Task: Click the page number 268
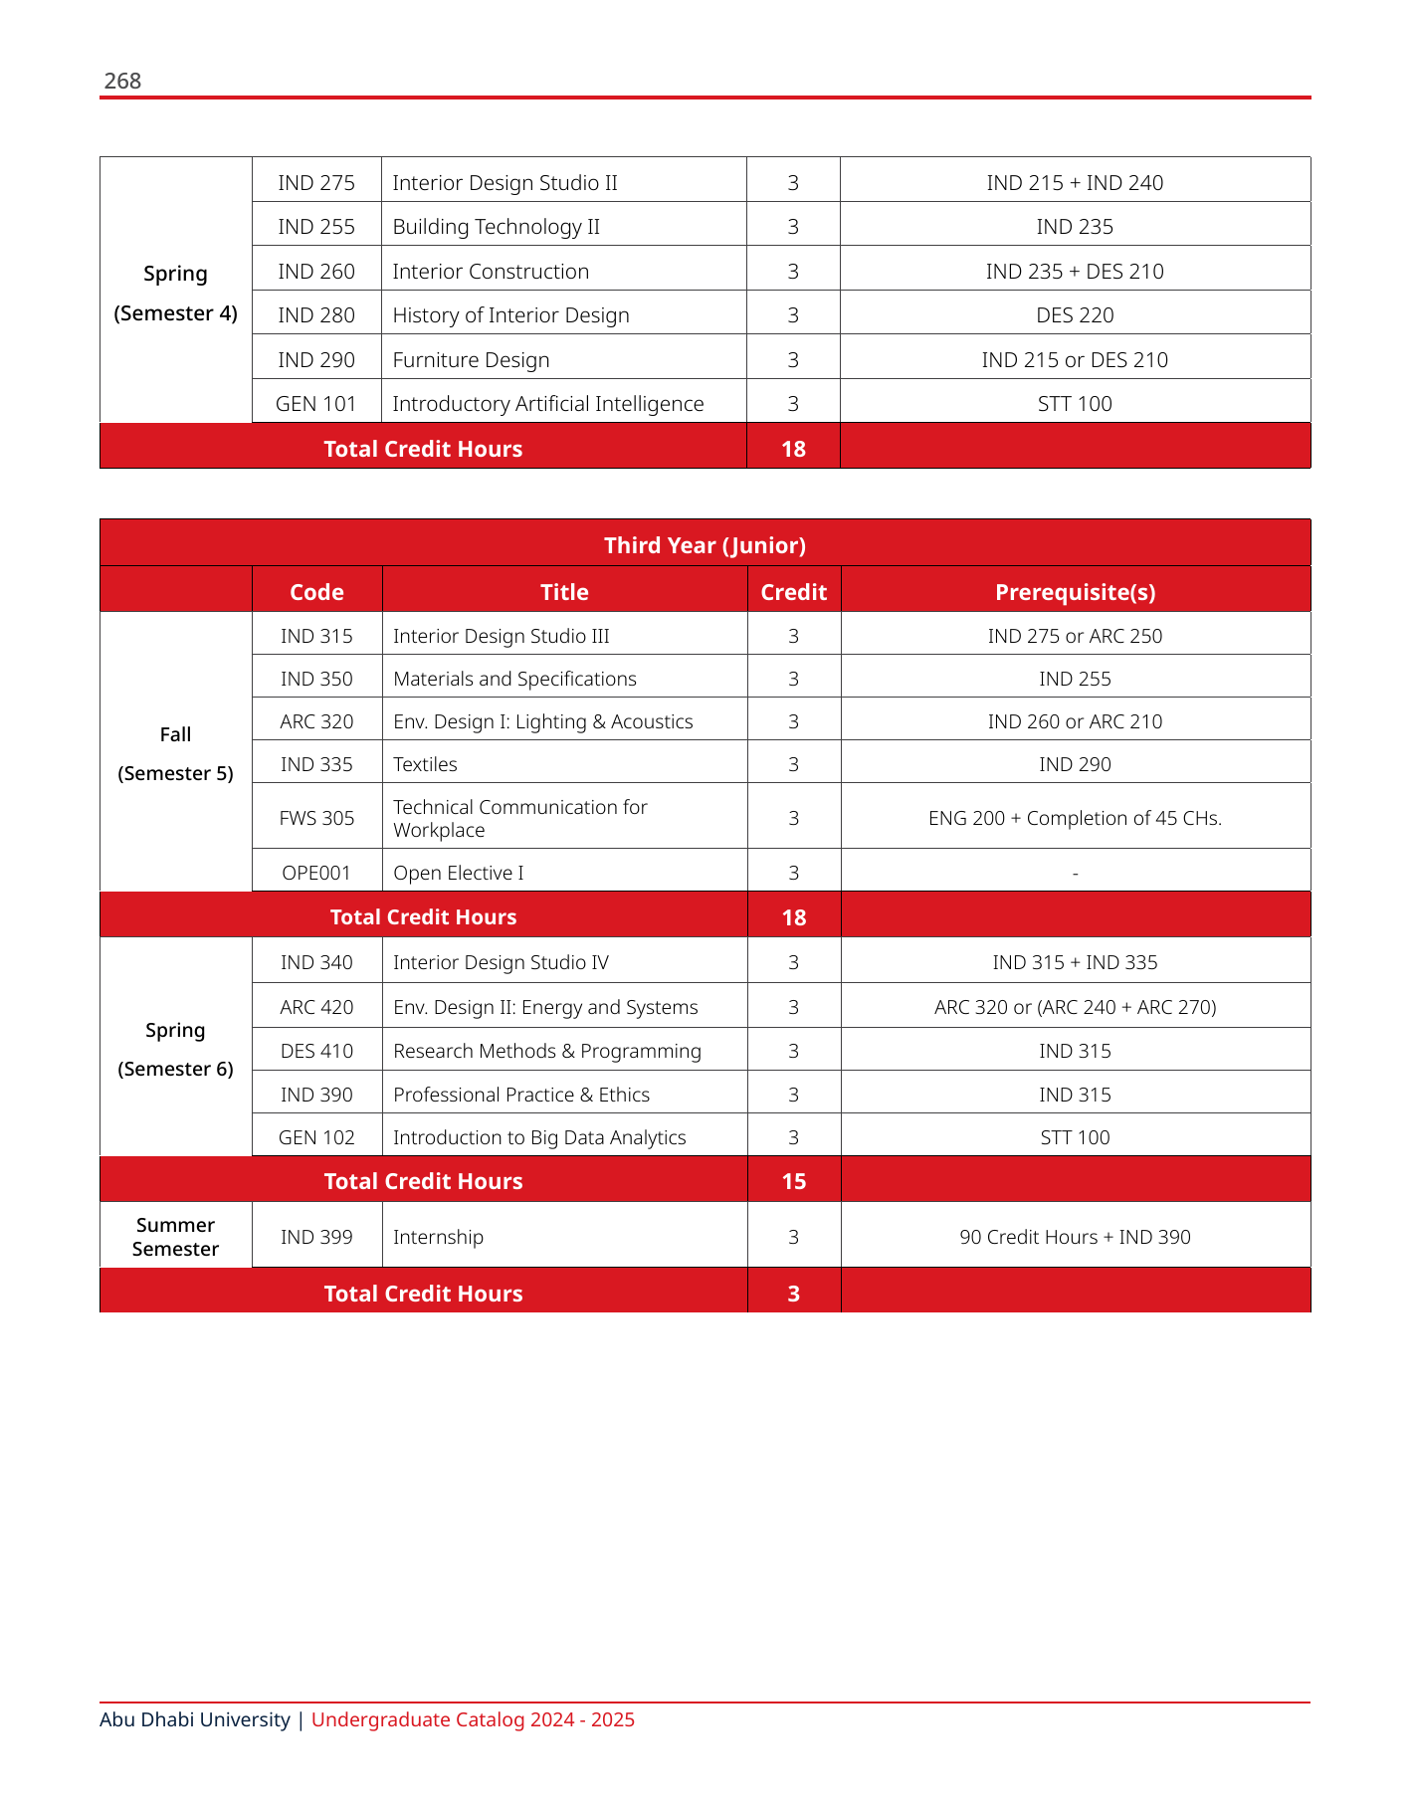[122, 82]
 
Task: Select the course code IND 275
[316, 183]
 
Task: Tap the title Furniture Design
[471, 360]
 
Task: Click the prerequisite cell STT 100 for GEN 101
[1075, 404]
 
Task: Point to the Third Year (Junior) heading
[705, 545]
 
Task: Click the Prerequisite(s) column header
[1075, 592]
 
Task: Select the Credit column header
[793, 592]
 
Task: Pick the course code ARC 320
[316, 721]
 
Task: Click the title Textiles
[425, 764]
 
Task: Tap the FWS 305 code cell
[316, 818]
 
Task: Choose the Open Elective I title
[458, 873]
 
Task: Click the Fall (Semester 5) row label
[175, 753]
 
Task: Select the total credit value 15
[793, 1181]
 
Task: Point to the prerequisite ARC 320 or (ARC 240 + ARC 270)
[1075, 1007]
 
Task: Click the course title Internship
[438, 1237]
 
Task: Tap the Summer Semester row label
[175, 1237]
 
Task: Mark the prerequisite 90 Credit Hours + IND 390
[1075, 1237]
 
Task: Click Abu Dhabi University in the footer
[195, 1719]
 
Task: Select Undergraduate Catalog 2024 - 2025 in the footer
[473, 1719]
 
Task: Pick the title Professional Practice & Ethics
[520, 1095]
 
